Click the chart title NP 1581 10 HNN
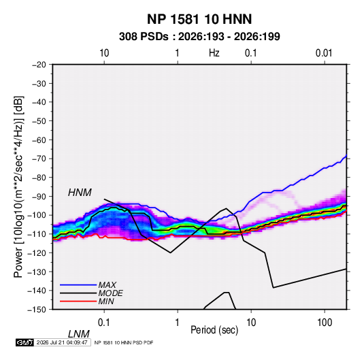coord(199,19)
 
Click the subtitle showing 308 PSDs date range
coord(199,37)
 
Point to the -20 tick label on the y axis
coord(39,65)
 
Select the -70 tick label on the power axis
coord(39,159)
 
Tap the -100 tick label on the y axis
coord(37,215)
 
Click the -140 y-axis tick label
coord(37,291)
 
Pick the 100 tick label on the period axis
coord(324,323)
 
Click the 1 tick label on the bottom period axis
coord(178,323)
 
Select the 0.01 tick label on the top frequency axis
coord(324,53)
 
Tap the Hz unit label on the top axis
coord(214,53)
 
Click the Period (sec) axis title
coord(214,330)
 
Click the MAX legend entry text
coord(107,285)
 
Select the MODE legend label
coord(110,293)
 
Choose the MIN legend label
coord(106,301)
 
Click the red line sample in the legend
coord(78,301)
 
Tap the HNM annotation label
coord(80,193)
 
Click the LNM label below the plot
coord(78,334)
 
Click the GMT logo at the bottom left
coord(24,342)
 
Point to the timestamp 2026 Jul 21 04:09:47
coord(62,342)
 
